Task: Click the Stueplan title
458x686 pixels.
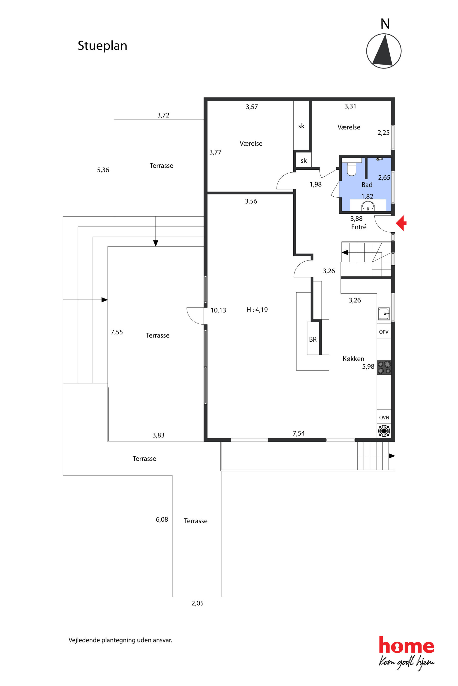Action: click(x=102, y=46)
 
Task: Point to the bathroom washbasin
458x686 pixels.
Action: click(x=368, y=206)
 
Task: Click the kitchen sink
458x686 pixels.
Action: click(x=384, y=314)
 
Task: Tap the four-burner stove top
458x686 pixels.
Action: click(x=384, y=367)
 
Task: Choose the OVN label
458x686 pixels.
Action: click(x=384, y=418)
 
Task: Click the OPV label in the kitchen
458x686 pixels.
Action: click(x=384, y=332)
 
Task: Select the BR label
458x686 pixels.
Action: click(x=313, y=340)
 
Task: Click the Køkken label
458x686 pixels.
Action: click(x=353, y=359)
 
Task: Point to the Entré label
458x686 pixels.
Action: click(x=359, y=227)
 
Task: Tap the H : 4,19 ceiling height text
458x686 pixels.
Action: click(x=257, y=310)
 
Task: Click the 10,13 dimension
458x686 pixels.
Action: click(x=218, y=310)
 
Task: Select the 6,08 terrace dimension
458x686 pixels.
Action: click(x=162, y=520)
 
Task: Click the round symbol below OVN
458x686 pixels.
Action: click(x=384, y=431)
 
